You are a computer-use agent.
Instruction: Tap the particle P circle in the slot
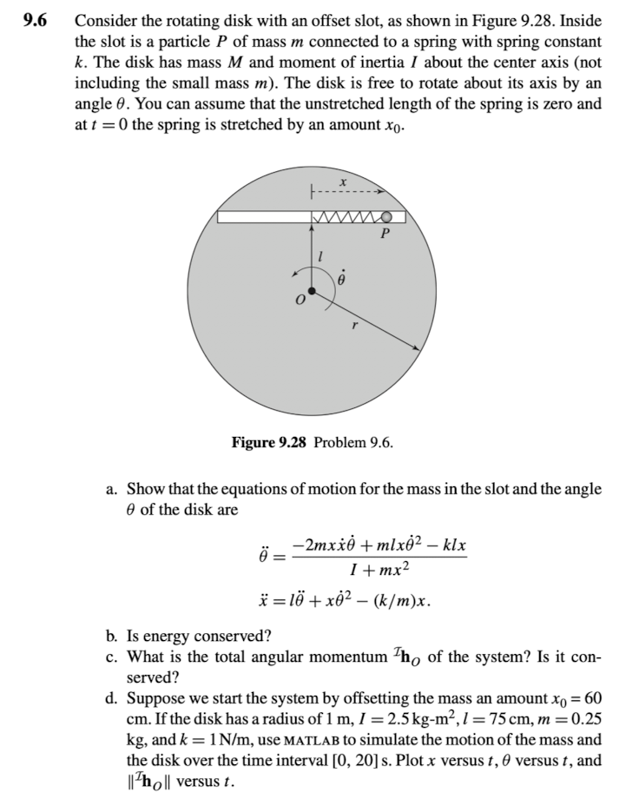386,216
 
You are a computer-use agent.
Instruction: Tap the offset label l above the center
322,255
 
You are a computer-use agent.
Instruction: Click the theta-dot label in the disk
341,280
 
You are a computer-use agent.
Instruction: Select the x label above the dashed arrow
344,182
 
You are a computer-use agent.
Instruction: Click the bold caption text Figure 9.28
268,443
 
